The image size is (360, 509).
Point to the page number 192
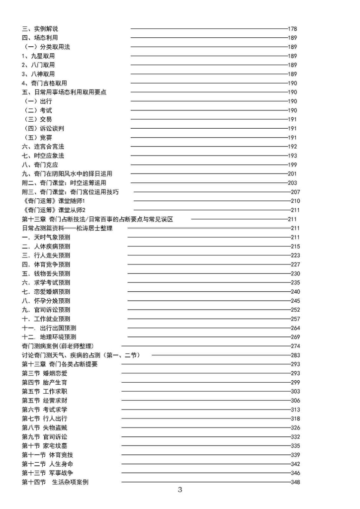[x=292, y=147]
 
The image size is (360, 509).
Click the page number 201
[x=292, y=173]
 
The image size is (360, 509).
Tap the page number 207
[x=295, y=192]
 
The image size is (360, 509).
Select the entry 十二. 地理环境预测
[x=49, y=337]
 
